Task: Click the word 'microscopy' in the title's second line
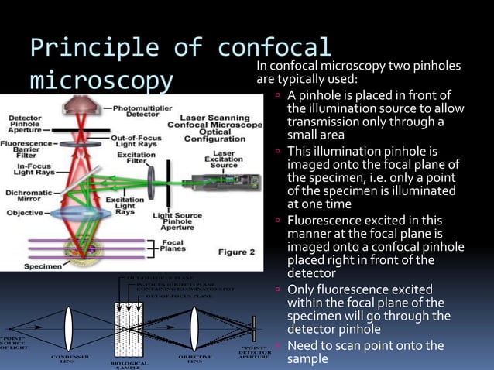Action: coord(101,81)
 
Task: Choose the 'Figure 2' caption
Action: coord(236,252)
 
